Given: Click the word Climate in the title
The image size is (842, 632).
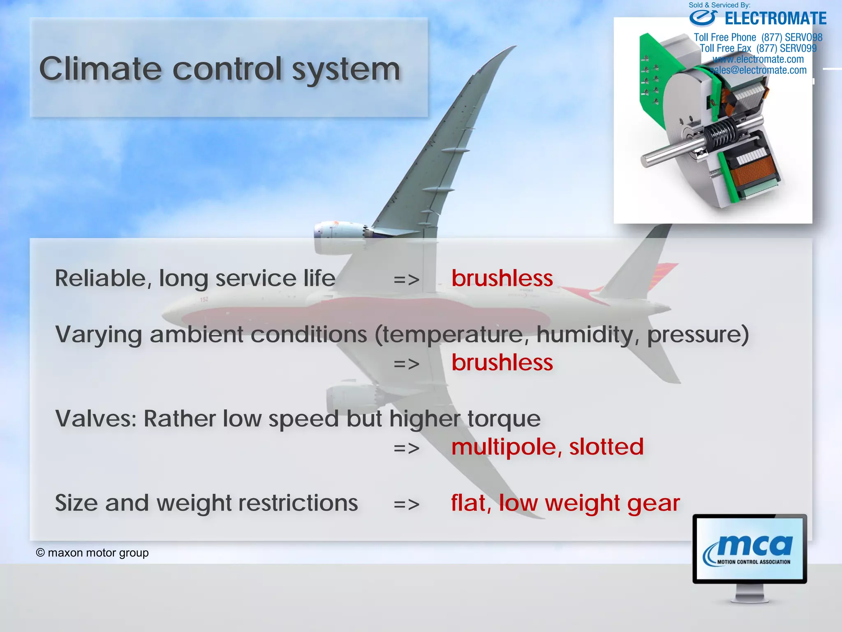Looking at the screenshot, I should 100,69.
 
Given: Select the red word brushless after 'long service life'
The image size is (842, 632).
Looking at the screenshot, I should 502,279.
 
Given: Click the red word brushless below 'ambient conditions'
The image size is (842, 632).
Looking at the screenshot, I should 502,363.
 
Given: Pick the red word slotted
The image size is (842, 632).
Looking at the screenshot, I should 606,447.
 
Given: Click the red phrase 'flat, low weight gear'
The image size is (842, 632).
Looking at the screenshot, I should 565,503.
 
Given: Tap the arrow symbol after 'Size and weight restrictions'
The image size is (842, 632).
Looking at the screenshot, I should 406,504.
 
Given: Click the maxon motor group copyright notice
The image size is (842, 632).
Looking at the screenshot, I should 93,553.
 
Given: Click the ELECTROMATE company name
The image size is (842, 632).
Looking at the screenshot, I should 775,19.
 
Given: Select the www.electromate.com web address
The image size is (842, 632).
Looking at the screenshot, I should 758,59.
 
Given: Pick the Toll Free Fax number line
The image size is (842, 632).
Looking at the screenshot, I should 758,49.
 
